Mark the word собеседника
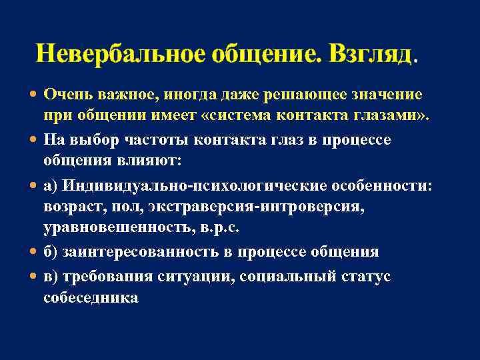click(x=91, y=297)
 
